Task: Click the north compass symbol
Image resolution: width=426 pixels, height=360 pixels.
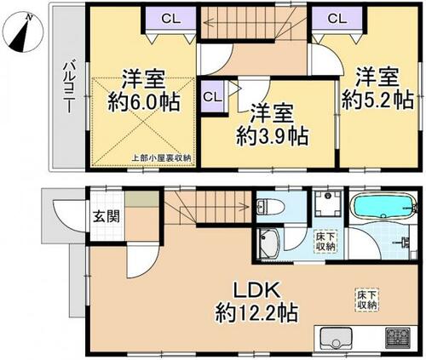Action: pyautogui.click(x=22, y=31)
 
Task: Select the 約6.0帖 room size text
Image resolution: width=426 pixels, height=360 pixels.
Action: pyautogui.click(x=143, y=102)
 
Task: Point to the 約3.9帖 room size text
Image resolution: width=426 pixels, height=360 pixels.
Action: pyautogui.click(x=272, y=136)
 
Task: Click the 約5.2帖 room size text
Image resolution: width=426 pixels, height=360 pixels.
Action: pyautogui.click(x=377, y=100)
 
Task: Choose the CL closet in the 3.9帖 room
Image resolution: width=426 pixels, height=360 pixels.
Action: pyautogui.click(x=212, y=97)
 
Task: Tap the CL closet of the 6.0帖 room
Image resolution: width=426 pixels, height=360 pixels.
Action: pyautogui.click(x=170, y=19)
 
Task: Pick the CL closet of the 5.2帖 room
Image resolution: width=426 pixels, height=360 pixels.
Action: pyautogui.click(x=337, y=19)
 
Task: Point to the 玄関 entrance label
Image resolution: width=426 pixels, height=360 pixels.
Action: pyautogui.click(x=106, y=217)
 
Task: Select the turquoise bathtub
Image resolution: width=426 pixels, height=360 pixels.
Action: pyautogui.click(x=383, y=208)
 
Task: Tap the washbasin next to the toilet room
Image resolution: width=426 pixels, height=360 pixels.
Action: pyautogui.click(x=269, y=243)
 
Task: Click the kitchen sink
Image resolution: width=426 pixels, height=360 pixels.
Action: pyautogui.click(x=336, y=338)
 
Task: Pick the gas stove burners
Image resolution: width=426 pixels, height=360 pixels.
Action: pyautogui.click(x=398, y=337)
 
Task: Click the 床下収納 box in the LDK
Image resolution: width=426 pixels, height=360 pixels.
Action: pyautogui.click(x=366, y=300)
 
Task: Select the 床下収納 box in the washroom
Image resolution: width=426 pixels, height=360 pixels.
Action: pyautogui.click(x=325, y=242)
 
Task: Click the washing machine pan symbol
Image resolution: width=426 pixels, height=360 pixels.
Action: pyautogui.click(x=328, y=203)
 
